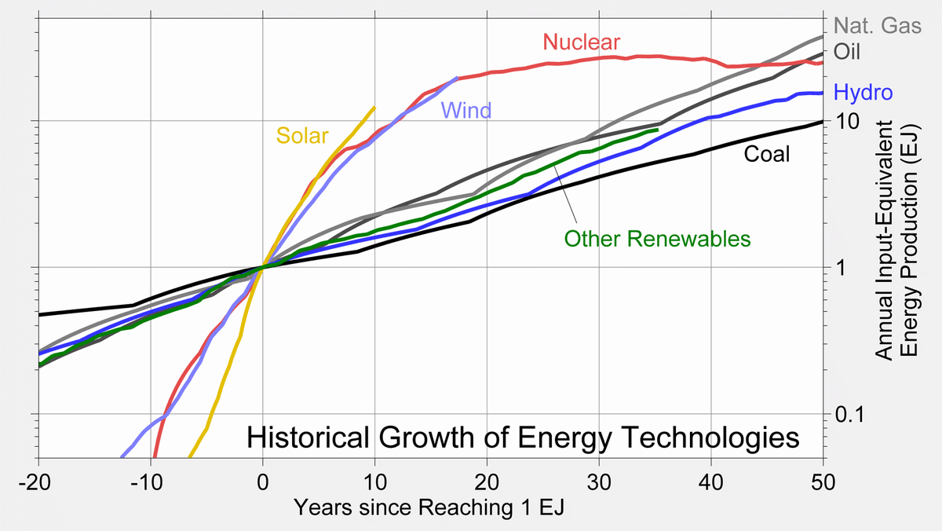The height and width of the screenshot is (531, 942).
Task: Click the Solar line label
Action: pyautogui.click(x=301, y=136)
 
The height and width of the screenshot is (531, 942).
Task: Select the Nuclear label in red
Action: pyautogui.click(x=582, y=42)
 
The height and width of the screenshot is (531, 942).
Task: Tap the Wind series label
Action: pyautogui.click(x=466, y=111)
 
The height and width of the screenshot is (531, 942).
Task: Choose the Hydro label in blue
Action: pyautogui.click(x=863, y=93)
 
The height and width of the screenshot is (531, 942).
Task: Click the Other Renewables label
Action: pyautogui.click(x=658, y=237)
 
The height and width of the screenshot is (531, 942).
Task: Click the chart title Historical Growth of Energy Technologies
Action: pyautogui.click(x=523, y=438)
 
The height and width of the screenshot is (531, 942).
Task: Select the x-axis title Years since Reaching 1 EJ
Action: pyautogui.click(x=429, y=508)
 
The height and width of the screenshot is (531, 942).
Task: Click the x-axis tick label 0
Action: pyautogui.click(x=263, y=481)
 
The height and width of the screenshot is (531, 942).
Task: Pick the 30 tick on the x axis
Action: pyautogui.click(x=599, y=481)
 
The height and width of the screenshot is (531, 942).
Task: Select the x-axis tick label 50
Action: pyautogui.click(x=823, y=481)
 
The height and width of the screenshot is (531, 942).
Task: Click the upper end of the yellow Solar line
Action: pyautogui.click(x=374, y=108)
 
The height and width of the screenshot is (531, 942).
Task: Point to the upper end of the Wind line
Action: pyautogui.click(x=456, y=79)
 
